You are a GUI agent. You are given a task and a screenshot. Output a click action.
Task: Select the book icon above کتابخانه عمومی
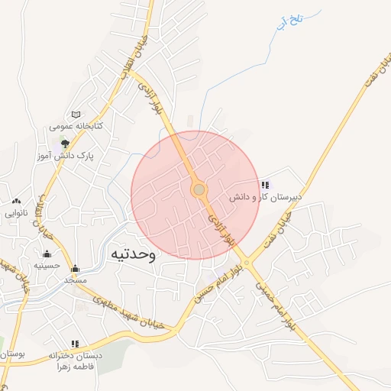point(75,114)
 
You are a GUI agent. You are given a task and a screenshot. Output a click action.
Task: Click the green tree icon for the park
point(66,142)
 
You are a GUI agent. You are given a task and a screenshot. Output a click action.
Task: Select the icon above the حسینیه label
point(47,254)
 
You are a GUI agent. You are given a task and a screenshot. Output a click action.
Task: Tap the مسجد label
point(75,280)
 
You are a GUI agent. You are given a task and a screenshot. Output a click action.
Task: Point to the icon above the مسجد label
point(75,269)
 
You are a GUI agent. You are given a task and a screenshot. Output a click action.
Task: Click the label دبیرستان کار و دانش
point(267,197)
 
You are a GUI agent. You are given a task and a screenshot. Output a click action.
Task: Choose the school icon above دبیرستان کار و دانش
point(265,185)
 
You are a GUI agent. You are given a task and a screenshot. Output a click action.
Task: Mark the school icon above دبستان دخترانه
point(75,344)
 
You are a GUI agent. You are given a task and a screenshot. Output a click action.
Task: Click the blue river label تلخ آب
point(292,21)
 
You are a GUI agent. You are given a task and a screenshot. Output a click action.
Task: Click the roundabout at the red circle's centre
point(199,189)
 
